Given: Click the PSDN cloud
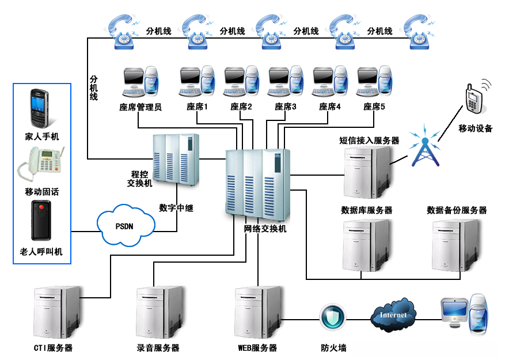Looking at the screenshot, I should click(x=126, y=226).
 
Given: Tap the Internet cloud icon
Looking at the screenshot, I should click(x=394, y=314).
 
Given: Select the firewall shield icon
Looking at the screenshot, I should click(x=332, y=316).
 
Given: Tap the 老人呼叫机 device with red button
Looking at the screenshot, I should click(x=41, y=221).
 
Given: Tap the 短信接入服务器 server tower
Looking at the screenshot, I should click(x=366, y=171).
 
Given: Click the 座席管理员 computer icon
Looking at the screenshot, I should click(x=140, y=84).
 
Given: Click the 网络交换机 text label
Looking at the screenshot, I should click(x=265, y=229).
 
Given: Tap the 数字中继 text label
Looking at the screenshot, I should click(x=176, y=208).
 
